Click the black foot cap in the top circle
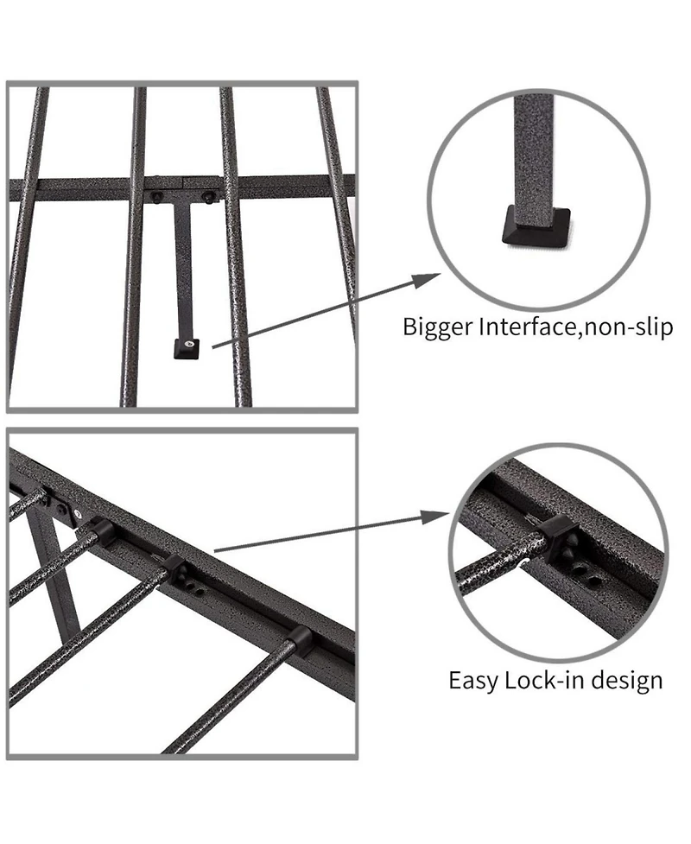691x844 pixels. pyautogui.click(x=536, y=227)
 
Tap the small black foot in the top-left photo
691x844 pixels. pyautogui.click(x=187, y=349)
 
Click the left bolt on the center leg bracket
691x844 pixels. pyautogui.click(x=156, y=197)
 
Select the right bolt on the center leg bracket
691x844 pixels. pyautogui.click(x=207, y=198)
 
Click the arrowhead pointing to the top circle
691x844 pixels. pyautogui.click(x=426, y=281)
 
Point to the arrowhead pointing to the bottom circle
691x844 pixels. pyautogui.click(x=434, y=517)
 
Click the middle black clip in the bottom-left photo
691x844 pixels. pyautogui.click(x=175, y=570)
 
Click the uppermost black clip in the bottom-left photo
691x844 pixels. pyautogui.click(x=102, y=532)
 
